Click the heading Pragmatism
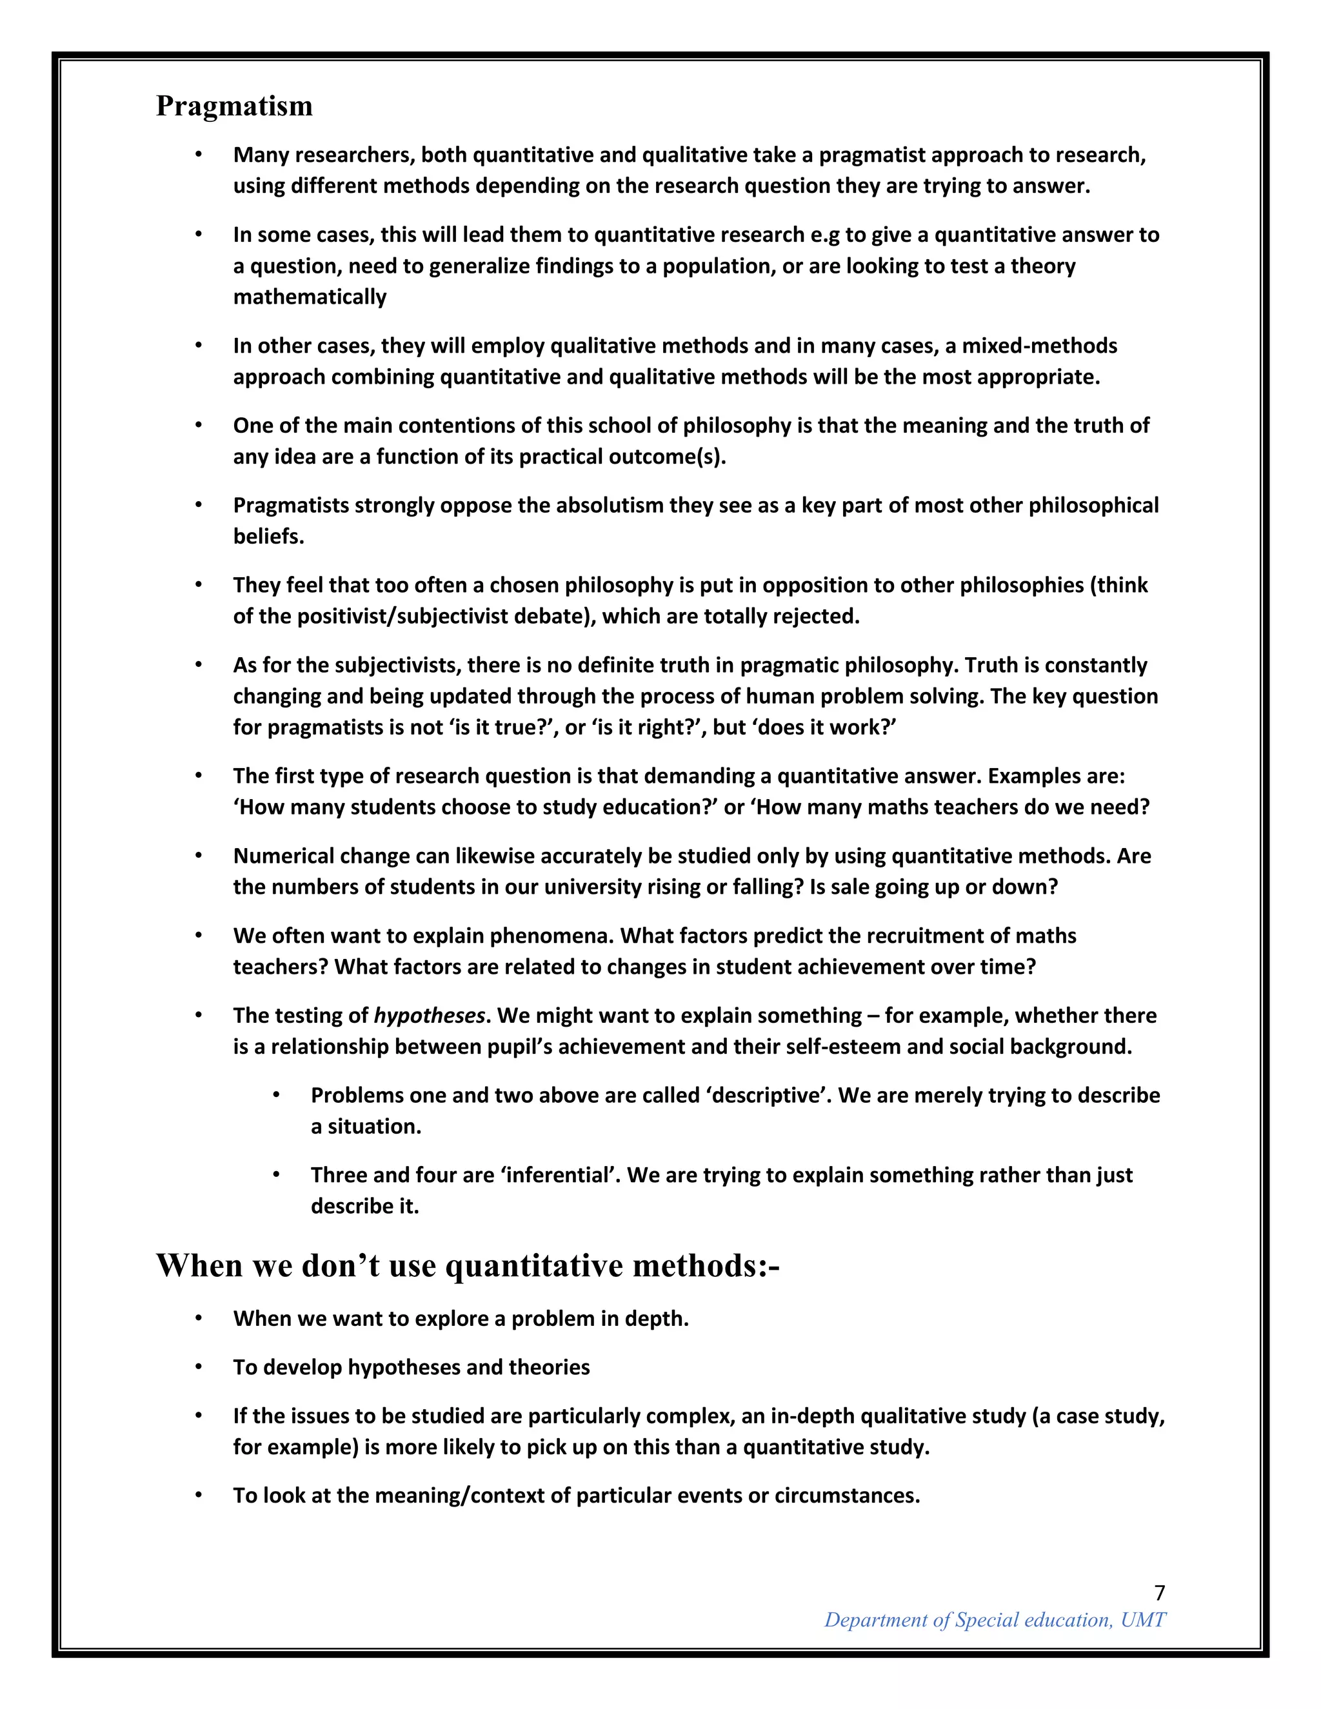click(x=234, y=106)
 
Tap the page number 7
click(x=1159, y=1593)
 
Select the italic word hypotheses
click(x=430, y=1016)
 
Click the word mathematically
click(x=310, y=297)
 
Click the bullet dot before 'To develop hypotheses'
click(x=199, y=1367)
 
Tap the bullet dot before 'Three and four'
click(x=276, y=1174)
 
